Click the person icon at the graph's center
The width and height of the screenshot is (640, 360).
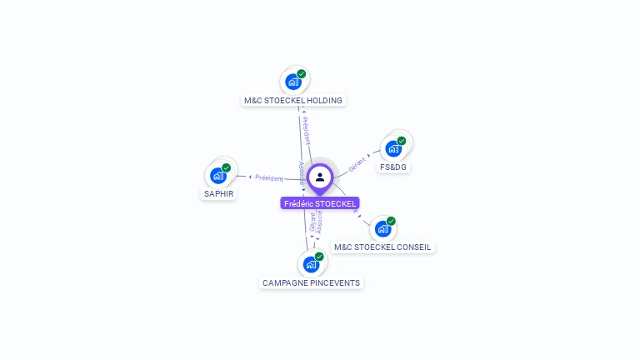320,177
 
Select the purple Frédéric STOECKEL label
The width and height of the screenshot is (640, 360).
320,203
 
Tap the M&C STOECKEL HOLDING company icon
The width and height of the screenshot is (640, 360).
292,82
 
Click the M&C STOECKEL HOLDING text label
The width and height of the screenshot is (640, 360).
292,100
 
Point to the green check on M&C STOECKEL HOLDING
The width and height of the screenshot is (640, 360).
302,73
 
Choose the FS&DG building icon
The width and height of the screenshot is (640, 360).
393,149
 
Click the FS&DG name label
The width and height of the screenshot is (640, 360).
393,167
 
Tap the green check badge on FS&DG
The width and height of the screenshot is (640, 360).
402,141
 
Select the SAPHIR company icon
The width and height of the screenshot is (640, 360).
217,176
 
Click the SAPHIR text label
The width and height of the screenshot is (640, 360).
218,194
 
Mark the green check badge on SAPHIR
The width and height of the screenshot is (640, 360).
226,167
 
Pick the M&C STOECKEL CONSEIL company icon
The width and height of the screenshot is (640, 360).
382,229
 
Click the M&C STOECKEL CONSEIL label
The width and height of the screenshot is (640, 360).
382,247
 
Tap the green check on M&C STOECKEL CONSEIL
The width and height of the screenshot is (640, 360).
391,221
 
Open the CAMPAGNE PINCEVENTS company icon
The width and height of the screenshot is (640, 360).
311,265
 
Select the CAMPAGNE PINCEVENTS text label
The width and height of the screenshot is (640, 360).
311,283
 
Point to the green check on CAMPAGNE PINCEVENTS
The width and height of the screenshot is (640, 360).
319,257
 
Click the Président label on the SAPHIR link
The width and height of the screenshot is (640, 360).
269,177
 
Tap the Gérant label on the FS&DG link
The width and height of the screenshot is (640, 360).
357,162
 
